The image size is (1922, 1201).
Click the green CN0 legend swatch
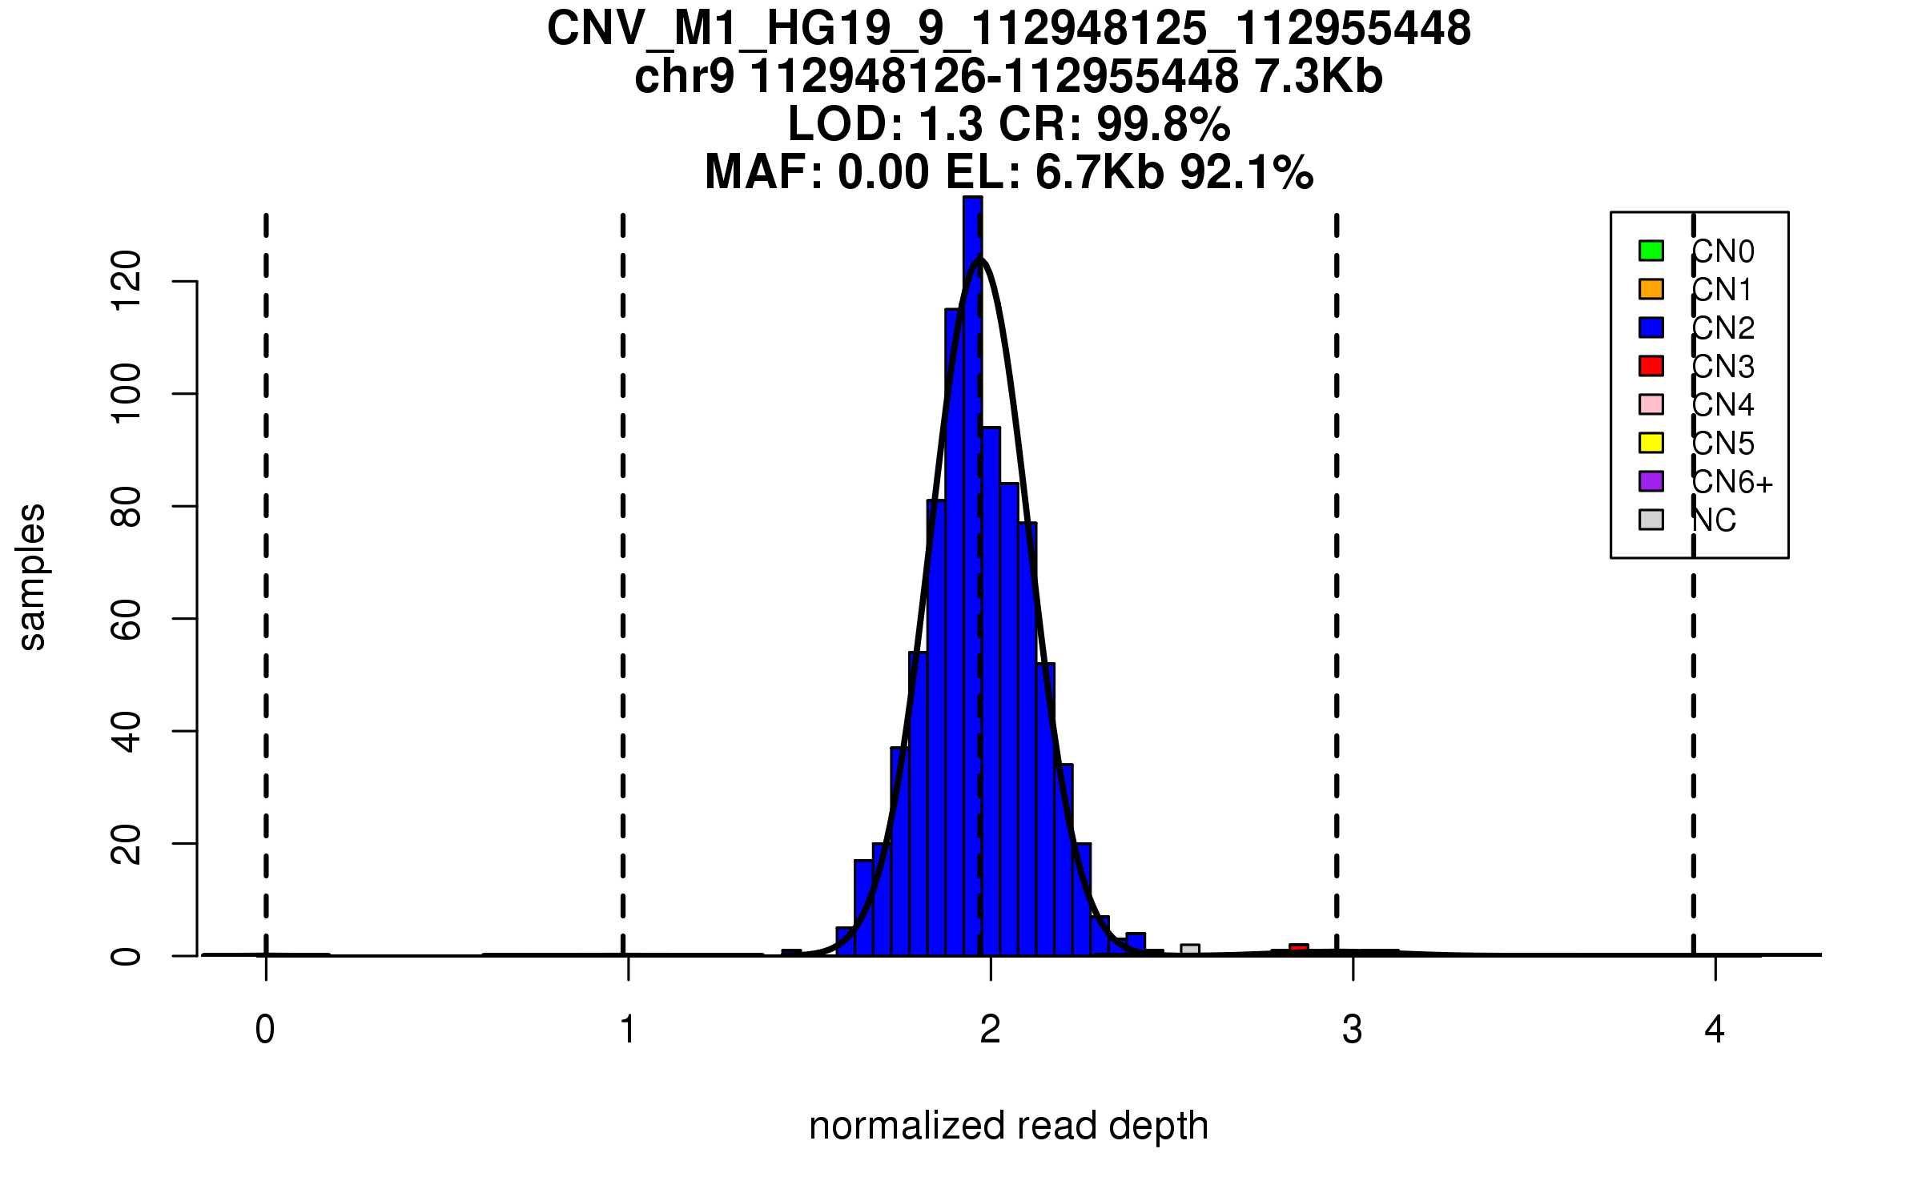[x=1651, y=251]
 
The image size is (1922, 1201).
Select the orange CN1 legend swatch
[x=1651, y=289]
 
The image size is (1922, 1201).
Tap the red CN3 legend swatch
[x=1651, y=366]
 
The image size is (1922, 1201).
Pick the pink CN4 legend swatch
[x=1651, y=404]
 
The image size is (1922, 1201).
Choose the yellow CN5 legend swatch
[x=1651, y=443]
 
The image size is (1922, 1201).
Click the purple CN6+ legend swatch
[x=1651, y=481]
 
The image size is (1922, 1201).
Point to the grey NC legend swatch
[x=1651, y=520]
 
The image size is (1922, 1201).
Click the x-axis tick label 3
[x=1353, y=1030]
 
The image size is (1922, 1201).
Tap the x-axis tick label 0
[x=265, y=1030]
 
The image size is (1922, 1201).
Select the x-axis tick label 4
[x=1715, y=1030]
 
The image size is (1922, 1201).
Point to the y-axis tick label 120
[x=127, y=280]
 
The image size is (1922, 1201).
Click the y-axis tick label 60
[x=127, y=619]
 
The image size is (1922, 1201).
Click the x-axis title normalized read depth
[x=1008, y=1126]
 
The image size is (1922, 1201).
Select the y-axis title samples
[x=32, y=577]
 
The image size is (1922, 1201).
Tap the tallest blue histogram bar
[x=972, y=560]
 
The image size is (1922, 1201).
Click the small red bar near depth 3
[x=1298, y=950]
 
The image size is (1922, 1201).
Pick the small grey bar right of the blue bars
[x=1190, y=950]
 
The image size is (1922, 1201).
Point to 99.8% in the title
[x=1164, y=124]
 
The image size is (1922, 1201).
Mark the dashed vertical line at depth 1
[x=623, y=560]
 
